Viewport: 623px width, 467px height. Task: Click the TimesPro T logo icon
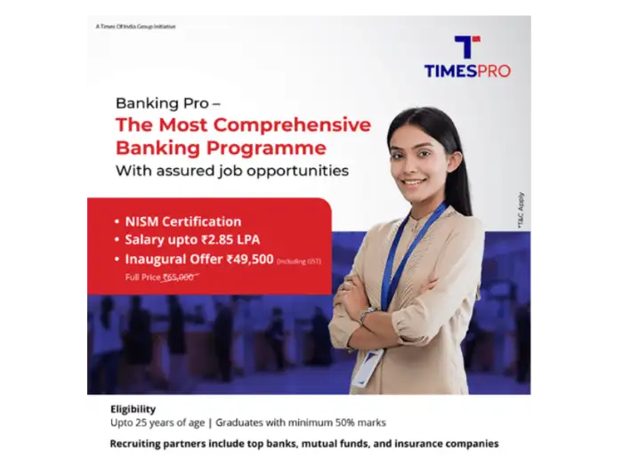pos(466,46)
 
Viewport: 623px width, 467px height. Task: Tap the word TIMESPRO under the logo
pos(467,70)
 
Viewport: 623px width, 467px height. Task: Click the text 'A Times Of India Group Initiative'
pos(134,27)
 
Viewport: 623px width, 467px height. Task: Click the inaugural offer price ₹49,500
pos(250,260)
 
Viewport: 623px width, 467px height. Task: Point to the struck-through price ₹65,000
pos(178,278)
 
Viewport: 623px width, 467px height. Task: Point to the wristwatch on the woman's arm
pos(368,314)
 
